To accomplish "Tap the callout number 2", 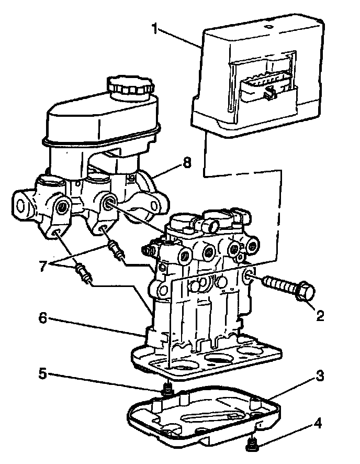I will pyautogui.click(x=320, y=316).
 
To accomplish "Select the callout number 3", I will pyautogui.click(x=319, y=375).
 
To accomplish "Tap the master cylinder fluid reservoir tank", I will pyautogui.click(x=105, y=120).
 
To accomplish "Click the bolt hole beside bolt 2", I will pyautogui.click(x=249, y=276).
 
